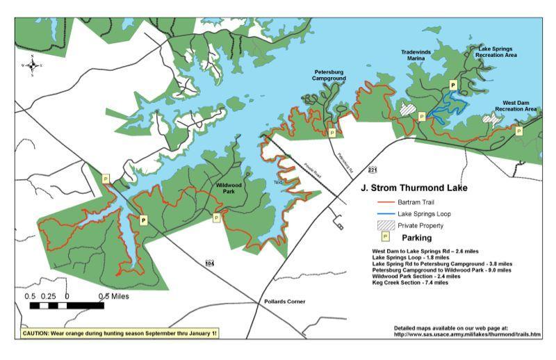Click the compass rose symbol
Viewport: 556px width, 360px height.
click(x=32, y=65)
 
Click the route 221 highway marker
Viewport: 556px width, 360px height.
click(x=373, y=170)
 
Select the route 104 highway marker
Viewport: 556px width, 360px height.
click(x=210, y=263)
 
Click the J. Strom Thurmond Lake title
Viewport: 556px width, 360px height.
click(x=414, y=188)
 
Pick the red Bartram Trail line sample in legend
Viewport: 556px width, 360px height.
click(x=383, y=202)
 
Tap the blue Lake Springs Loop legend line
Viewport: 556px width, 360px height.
click(x=383, y=213)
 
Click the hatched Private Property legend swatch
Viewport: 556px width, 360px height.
click(x=384, y=225)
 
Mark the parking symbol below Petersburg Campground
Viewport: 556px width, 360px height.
click(x=332, y=132)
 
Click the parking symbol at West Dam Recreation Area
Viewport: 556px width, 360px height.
click(x=518, y=130)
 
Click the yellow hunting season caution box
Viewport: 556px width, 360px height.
click(x=120, y=333)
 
